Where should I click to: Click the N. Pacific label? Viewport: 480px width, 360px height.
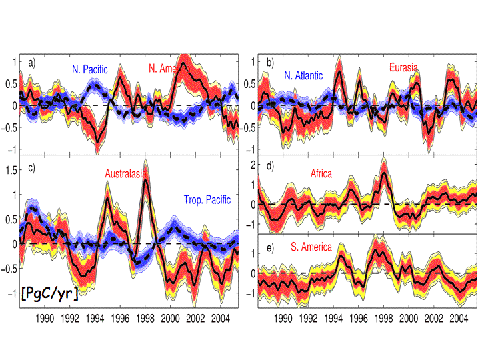point(95,68)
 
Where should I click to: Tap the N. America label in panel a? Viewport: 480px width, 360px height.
point(171,68)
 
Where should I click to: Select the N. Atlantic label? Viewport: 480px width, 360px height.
point(303,76)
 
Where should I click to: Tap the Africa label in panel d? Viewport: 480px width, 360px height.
point(321,174)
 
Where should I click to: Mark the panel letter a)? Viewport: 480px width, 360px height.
point(31,63)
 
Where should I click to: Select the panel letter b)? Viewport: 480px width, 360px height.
point(270,63)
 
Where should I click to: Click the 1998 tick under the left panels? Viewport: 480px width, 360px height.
point(145,318)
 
